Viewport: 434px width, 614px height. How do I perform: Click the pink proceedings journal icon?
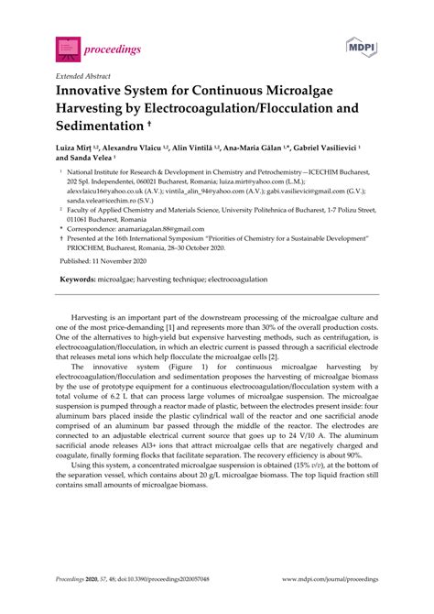[x=68, y=47]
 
